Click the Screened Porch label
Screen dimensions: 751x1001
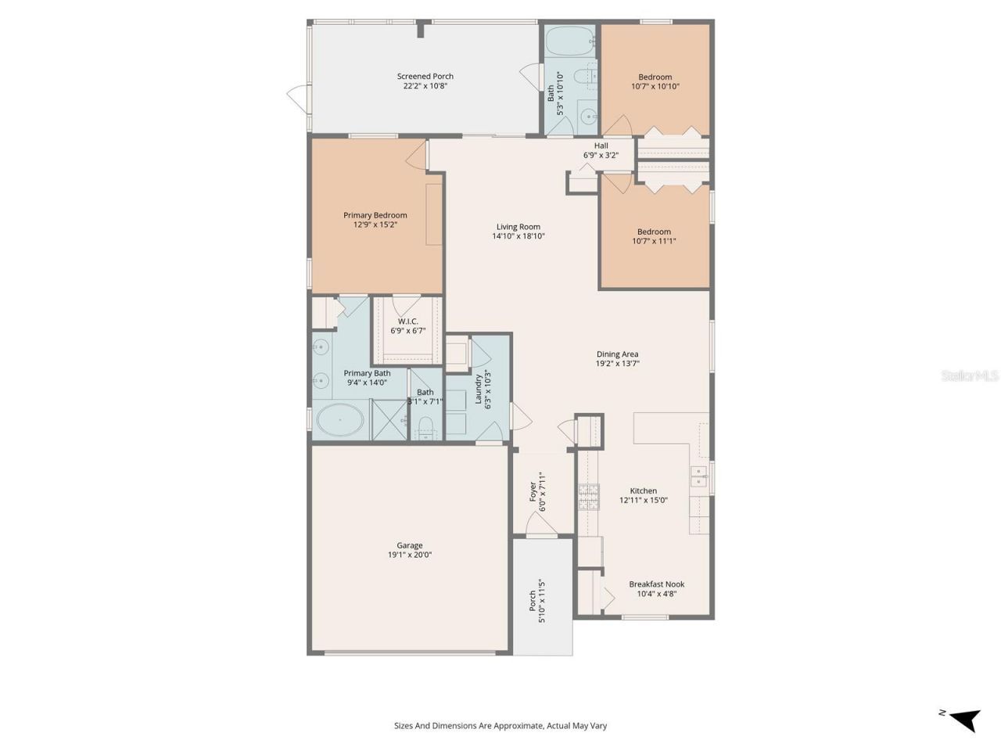tap(425, 77)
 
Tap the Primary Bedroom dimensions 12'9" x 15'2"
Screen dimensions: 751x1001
tap(375, 225)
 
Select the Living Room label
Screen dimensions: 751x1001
tap(518, 227)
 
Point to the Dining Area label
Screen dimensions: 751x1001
tap(617, 354)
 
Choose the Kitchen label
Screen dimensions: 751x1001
tap(643, 490)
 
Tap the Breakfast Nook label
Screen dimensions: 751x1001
tap(656, 584)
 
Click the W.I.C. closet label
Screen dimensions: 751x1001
tap(407, 322)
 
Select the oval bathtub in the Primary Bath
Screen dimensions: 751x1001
tap(339, 420)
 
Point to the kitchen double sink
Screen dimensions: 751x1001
tap(698, 476)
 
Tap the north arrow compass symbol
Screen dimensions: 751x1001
tap(965, 717)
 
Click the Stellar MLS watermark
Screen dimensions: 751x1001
tap(970, 376)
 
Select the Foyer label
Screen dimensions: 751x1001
tap(533, 491)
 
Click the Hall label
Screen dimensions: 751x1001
tap(601, 146)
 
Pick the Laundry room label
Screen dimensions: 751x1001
tap(478, 389)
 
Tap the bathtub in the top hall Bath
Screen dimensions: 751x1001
tap(570, 41)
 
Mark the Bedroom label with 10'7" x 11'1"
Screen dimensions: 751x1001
tap(654, 232)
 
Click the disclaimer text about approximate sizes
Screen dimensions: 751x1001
tap(500, 725)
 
